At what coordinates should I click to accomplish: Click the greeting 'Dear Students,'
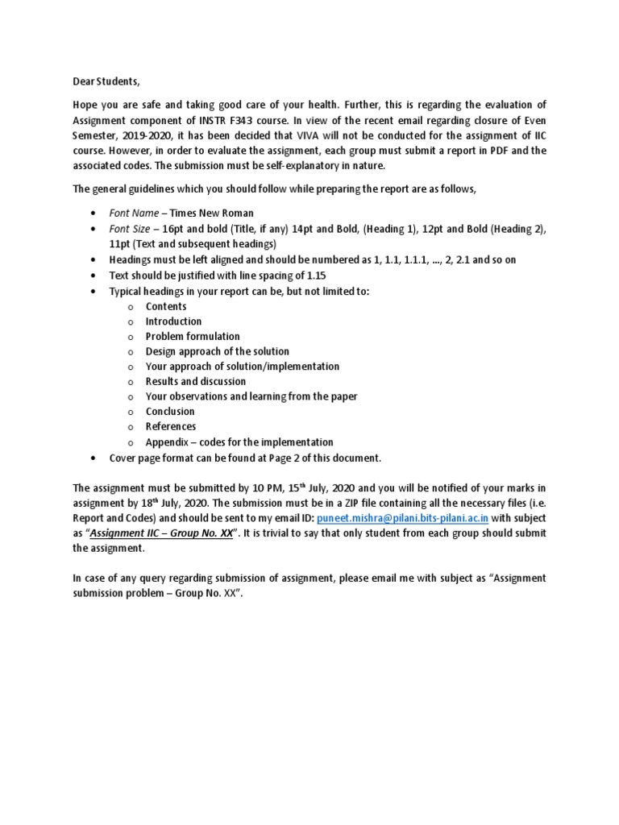106,81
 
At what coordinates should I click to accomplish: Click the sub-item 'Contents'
165,306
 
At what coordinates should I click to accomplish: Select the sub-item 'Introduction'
173,321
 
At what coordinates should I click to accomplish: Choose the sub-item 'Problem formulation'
192,336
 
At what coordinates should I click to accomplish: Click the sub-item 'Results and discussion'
195,381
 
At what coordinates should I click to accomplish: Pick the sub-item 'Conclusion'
170,412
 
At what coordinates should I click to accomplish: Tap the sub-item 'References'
170,426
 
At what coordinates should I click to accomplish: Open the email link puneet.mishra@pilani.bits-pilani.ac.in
402,518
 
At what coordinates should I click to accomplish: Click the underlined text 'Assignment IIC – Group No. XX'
161,533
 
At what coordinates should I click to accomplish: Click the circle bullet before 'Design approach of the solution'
129,352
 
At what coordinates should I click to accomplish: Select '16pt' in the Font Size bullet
173,229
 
